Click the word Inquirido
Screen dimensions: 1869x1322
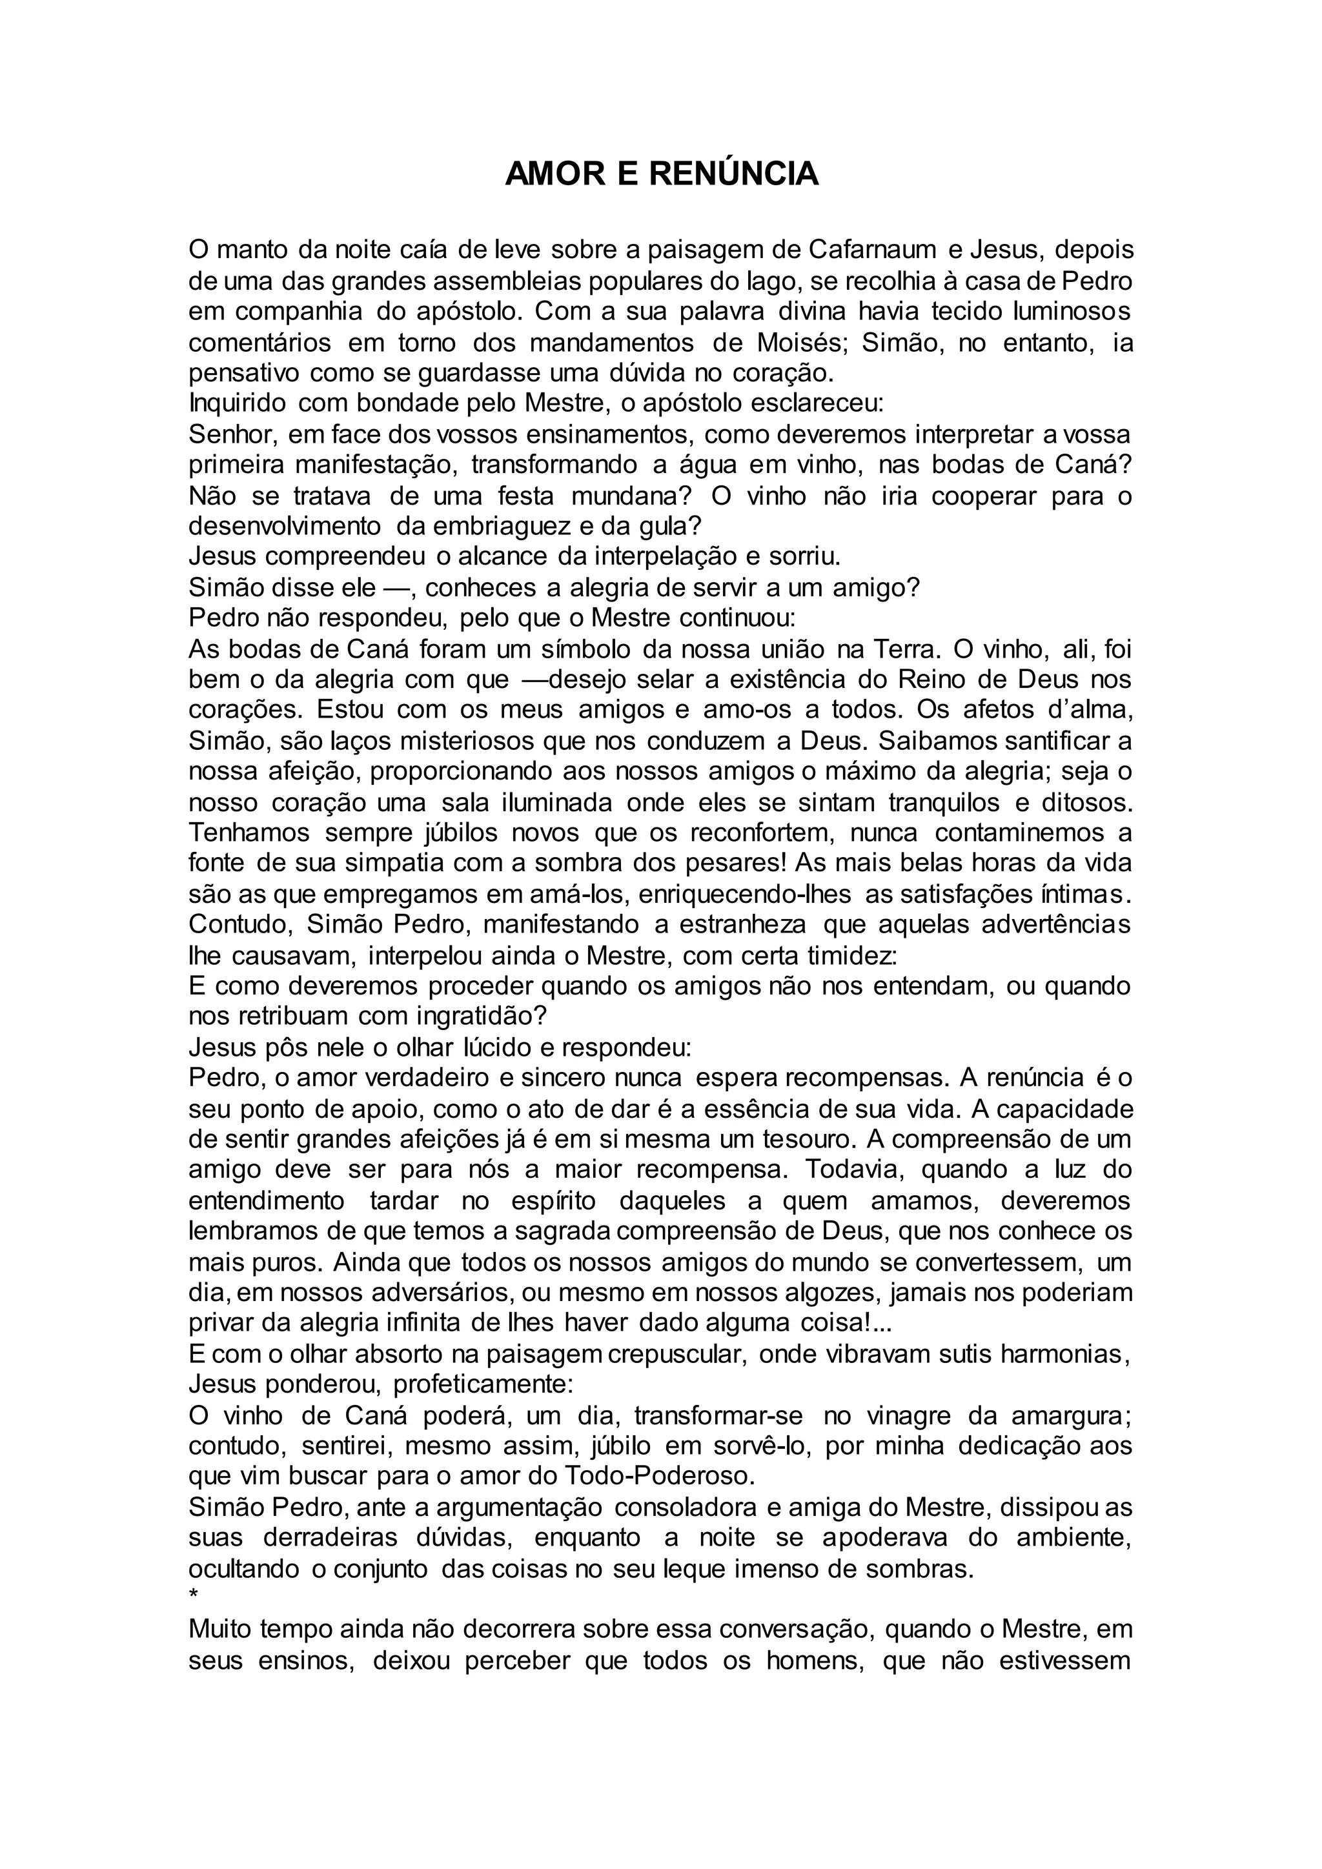click(x=237, y=404)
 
